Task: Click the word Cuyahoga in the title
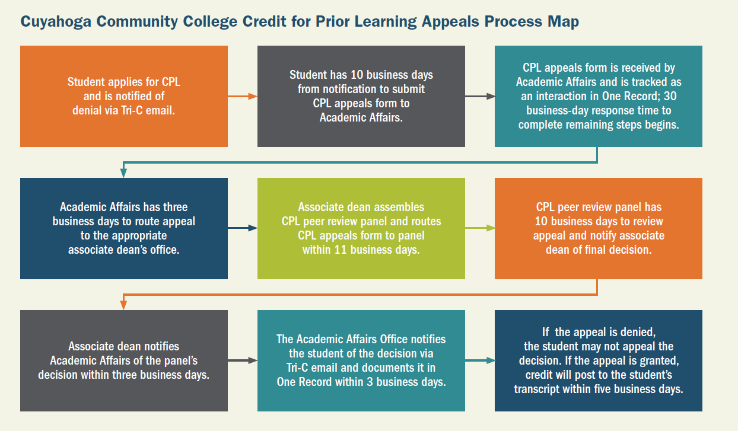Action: tap(56, 23)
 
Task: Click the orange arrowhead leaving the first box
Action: tap(253, 97)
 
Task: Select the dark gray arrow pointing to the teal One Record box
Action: tap(480, 97)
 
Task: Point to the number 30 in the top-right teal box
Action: tap(670, 96)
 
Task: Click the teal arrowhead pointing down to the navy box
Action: tap(123, 173)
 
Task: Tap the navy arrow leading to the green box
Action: tap(243, 228)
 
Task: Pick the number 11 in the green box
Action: tap(341, 250)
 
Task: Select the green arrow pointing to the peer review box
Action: tap(480, 228)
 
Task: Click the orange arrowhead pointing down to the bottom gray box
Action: tap(123, 305)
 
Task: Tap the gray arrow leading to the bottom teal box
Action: tap(243, 360)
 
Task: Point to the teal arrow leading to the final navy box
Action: tap(480, 360)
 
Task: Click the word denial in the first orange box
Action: tap(87, 111)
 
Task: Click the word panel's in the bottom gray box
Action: tap(181, 361)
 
